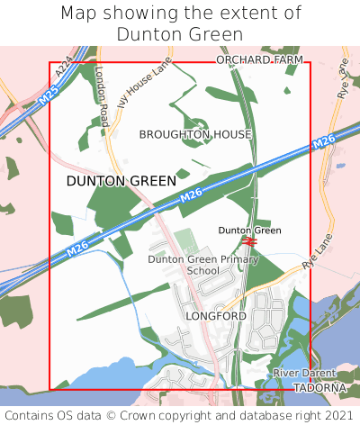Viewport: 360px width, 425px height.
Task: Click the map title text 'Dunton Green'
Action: click(x=180, y=34)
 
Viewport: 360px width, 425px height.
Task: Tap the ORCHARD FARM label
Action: click(x=259, y=59)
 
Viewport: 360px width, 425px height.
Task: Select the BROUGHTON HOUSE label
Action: click(x=195, y=134)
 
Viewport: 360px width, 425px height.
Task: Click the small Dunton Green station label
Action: click(x=249, y=231)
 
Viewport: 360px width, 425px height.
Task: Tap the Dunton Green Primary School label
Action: click(x=202, y=265)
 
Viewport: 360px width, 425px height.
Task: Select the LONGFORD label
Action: click(x=215, y=317)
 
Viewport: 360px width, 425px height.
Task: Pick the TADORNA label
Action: click(x=319, y=387)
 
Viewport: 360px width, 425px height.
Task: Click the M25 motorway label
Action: click(x=50, y=96)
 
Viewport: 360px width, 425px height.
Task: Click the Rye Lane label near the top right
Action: click(x=342, y=80)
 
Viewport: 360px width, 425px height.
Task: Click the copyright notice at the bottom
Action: click(x=180, y=415)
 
